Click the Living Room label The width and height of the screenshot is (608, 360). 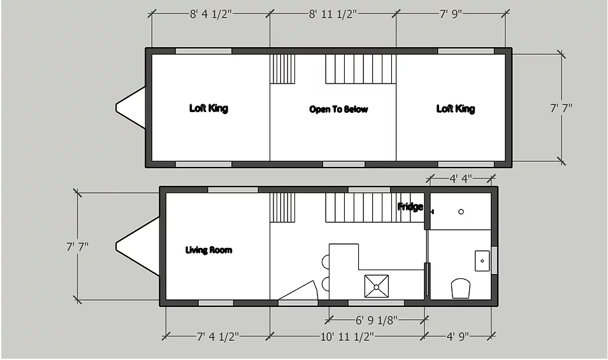(208, 250)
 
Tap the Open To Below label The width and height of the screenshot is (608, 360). (338, 110)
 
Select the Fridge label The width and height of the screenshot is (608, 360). (410, 206)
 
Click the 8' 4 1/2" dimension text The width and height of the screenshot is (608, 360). (210, 15)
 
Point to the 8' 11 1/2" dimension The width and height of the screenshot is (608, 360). (333, 15)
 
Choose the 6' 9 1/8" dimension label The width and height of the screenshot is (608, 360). (377, 320)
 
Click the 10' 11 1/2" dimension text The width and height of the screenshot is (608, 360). (347, 336)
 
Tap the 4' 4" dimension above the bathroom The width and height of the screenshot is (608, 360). (461, 178)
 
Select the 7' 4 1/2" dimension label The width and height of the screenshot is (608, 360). (217, 336)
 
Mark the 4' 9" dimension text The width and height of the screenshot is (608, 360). (458, 336)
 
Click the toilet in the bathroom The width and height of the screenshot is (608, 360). (461, 289)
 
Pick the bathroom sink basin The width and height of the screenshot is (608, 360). (482, 261)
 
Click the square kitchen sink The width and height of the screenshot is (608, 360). (377, 287)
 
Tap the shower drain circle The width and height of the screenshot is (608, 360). (461, 212)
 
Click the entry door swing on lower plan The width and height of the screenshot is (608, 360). (298, 291)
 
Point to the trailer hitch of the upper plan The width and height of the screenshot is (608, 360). (130, 108)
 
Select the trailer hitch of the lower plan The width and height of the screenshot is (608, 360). (137, 246)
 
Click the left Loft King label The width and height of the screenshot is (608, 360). (208, 108)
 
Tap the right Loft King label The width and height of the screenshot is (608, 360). (456, 109)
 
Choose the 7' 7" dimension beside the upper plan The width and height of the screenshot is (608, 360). (561, 108)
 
